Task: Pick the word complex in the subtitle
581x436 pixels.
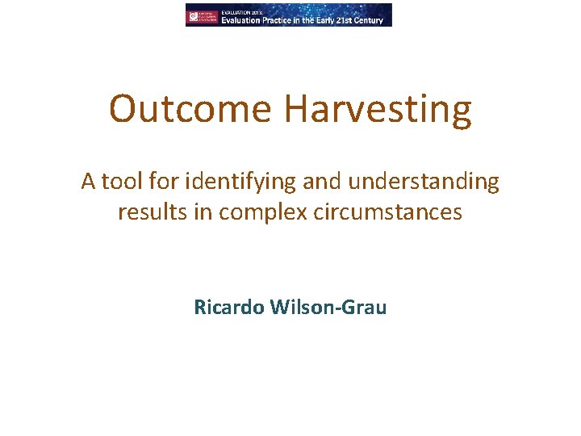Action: (250, 213)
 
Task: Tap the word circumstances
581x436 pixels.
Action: (386, 212)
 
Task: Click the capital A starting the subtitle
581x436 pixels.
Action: (88, 182)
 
